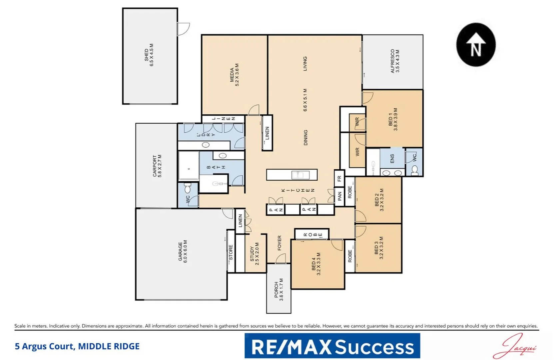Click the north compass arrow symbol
[476, 45]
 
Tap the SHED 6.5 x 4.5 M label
[149, 55]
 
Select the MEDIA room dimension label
[235, 75]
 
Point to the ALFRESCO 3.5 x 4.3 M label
[395, 61]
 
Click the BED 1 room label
[393, 119]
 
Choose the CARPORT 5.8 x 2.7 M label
[157, 166]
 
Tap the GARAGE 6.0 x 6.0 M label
[183, 252]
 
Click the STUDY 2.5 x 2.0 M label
[255, 254]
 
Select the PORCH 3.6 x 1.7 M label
[278, 290]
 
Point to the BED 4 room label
[316, 264]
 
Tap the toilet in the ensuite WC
[415, 171]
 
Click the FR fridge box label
[339, 179]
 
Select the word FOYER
[279, 243]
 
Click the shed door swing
[183, 29]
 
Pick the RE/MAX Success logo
[332, 346]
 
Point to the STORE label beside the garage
[231, 253]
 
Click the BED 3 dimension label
[379, 248]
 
